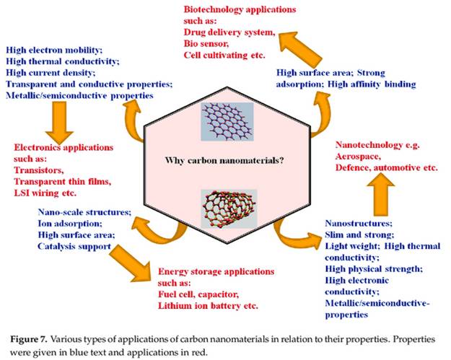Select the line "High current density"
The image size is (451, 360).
click(51, 73)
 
